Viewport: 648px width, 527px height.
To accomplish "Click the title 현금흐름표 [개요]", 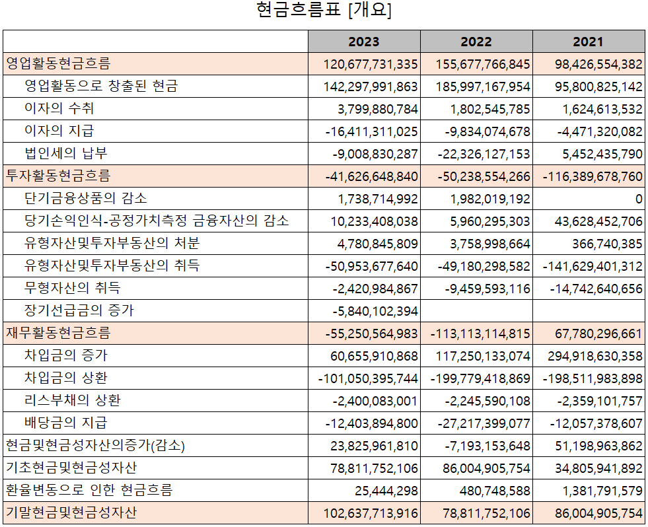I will (324, 11).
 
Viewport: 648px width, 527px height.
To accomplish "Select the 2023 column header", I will (364, 42).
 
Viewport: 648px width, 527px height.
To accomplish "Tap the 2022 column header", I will (476, 42).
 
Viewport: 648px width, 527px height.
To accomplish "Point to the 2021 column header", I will (589, 42).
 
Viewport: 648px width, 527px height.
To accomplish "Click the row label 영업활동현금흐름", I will (58, 64).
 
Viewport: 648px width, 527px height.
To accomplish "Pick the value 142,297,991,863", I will (371, 87).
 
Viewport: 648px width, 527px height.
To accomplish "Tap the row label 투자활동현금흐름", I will (58, 176).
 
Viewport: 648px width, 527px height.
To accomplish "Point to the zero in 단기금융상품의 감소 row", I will (638, 199).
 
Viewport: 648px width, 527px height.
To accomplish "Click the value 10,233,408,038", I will (377, 221).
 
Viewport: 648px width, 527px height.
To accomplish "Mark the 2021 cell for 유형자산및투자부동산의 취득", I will (593, 266).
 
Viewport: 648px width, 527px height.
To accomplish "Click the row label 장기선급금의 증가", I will (79, 310).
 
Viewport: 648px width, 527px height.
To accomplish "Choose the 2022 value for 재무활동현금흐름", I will (480, 334).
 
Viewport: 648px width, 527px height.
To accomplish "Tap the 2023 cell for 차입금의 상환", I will (368, 378).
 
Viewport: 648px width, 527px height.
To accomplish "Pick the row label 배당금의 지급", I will (65, 423).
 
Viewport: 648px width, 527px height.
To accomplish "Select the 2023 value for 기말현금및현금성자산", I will (371, 513).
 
